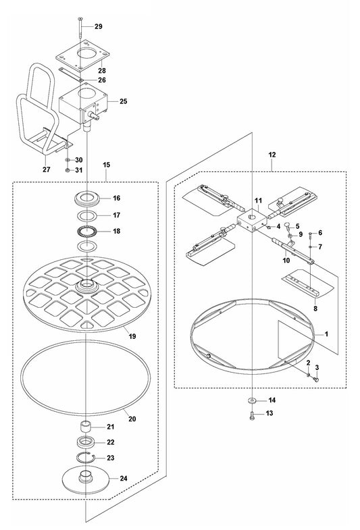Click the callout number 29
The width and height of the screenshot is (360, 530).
point(98,26)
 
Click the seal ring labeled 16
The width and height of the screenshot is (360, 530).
point(87,199)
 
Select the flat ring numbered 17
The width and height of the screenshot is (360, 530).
point(87,216)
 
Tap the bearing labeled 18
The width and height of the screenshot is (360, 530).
point(87,232)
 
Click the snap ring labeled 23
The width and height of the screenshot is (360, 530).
point(88,458)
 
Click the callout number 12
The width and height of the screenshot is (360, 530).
point(272,155)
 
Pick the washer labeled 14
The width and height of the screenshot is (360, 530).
point(251,400)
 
